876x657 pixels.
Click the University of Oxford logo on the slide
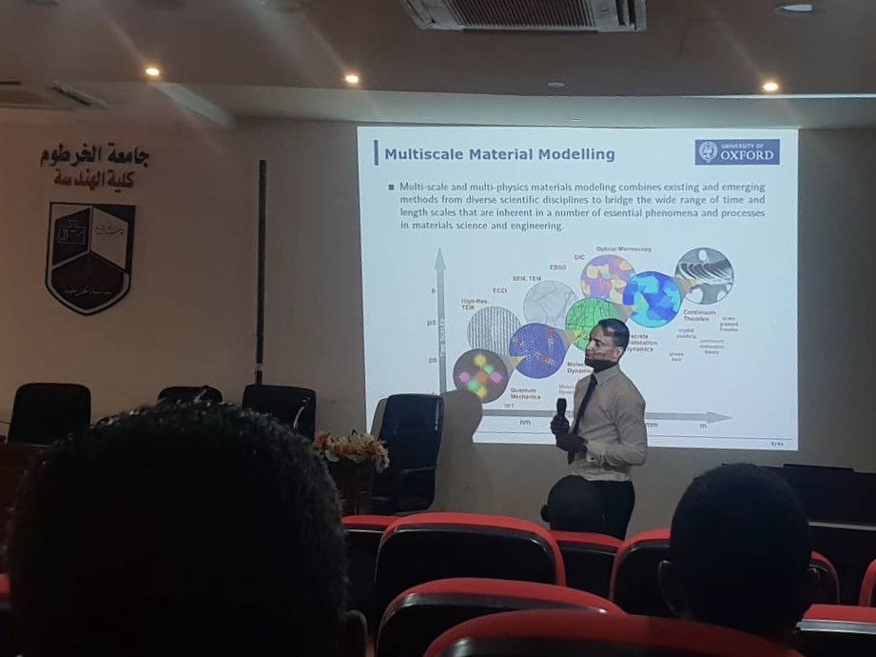[x=737, y=152]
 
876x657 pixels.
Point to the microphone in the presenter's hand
[x=561, y=408]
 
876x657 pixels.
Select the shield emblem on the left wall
[x=90, y=256]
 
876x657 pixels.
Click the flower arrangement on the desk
[x=351, y=448]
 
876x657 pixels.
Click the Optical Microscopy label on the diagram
[x=622, y=249]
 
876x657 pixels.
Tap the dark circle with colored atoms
[x=481, y=374]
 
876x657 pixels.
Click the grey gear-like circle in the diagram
[x=705, y=275]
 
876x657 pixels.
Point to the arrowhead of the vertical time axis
[x=440, y=257]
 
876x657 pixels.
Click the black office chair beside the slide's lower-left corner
[x=410, y=448]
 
